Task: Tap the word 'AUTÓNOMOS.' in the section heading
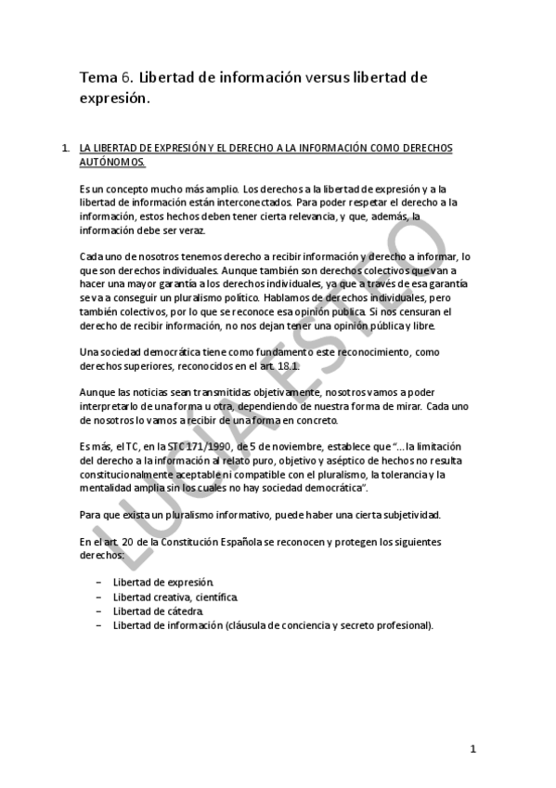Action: point(112,162)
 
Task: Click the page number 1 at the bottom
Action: point(472,749)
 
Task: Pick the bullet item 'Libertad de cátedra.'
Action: point(158,611)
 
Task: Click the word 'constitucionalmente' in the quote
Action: point(137,474)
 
